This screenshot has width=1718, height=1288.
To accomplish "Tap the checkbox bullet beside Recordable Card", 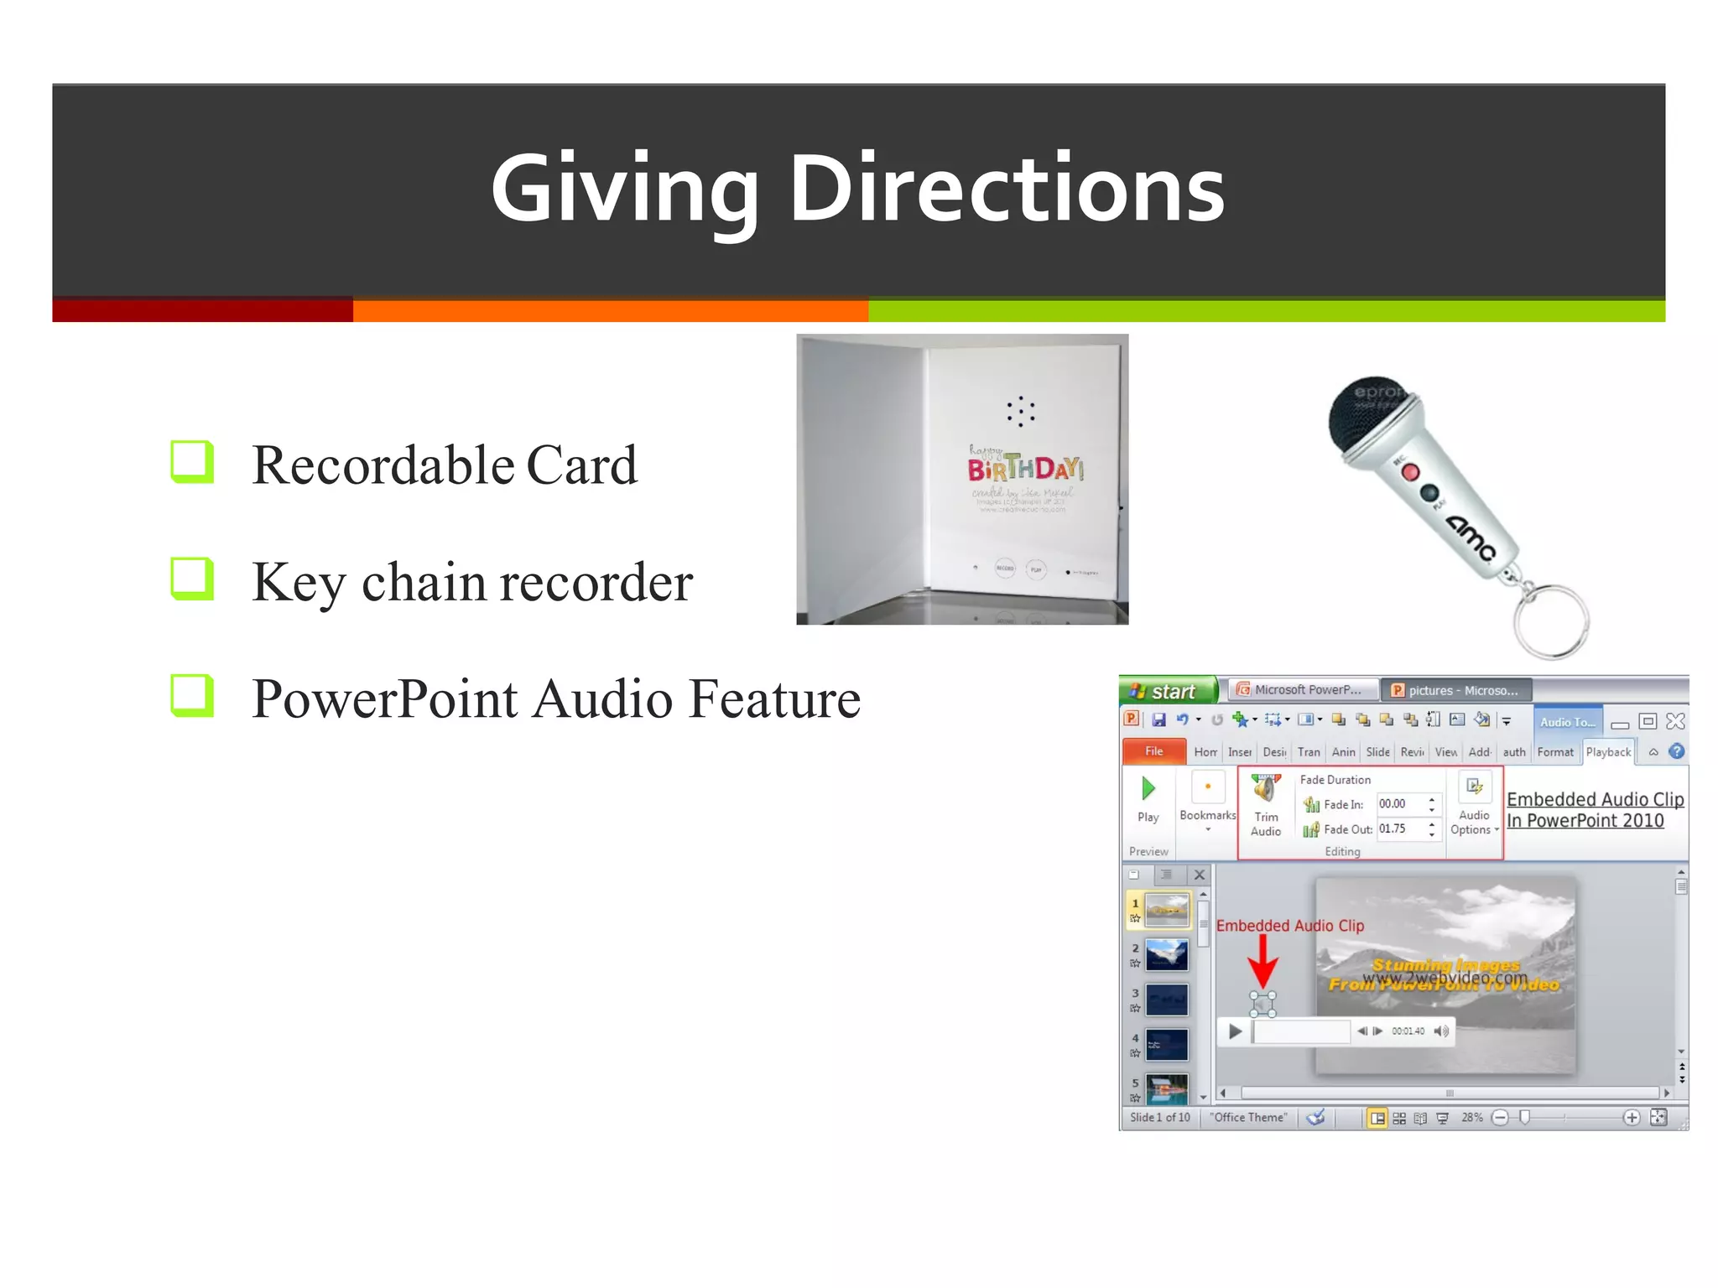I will pyautogui.click(x=191, y=461).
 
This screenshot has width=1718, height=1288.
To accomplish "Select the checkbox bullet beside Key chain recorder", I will pyautogui.click(x=191, y=579).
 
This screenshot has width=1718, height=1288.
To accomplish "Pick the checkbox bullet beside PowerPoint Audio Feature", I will pyautogui.click(x=191, y=695).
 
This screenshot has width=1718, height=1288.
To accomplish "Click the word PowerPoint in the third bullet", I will pyautogui.click(x=385, y=699).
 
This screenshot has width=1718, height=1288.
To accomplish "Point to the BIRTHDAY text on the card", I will pyautogui.click(x=1025, y=468).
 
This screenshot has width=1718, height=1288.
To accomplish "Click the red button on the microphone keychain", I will pyautogui.click(x=1410, y=472).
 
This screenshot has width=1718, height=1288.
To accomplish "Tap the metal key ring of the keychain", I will pyautogui.click(x=1551, y=621).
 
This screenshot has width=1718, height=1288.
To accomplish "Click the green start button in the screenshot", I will pyautogui.click(x=1167, y=691).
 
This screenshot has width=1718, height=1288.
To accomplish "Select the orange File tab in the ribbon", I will pyautogui.click(x=1153, y=751).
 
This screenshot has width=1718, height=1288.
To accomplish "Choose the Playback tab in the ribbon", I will pyautogui.click(x=1608, y=752).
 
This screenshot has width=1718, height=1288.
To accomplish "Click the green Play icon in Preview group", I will pyautogui.click(x=1148, y=788).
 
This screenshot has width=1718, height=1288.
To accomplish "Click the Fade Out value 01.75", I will pyautogui.click(x=1393, y=828).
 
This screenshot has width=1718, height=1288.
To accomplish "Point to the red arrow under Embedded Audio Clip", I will pyautogui.click(x=1262, y=961).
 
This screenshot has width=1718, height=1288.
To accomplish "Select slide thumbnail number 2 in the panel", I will pyautogui.click(x=1167, y=955).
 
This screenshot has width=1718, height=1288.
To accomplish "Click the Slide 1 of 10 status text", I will pyautogui.click(x=1159, y=1117).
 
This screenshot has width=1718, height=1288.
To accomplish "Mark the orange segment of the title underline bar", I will pyautogui.click(x=610, y=311).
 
